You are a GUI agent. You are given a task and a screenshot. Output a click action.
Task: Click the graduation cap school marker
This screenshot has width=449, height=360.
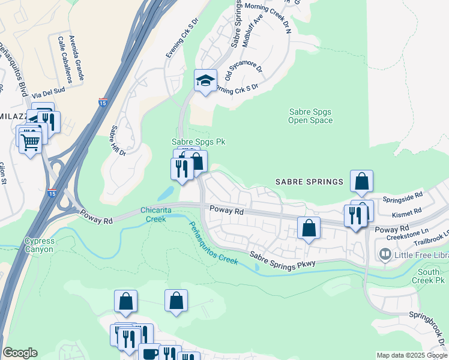(x=205, y=81)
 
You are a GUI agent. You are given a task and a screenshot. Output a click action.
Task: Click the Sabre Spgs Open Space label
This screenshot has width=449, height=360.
(x=310, y=116)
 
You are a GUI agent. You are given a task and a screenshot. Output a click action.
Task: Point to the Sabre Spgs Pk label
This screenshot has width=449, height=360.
(x=198, y=142)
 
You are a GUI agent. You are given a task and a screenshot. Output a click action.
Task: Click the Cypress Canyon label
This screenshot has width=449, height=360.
(x=39, y=245)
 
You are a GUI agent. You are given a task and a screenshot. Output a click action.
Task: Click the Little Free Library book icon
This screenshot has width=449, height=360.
(x=384, y=254)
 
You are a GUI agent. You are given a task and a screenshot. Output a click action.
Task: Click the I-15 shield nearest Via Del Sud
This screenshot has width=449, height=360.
(x=103, y=102)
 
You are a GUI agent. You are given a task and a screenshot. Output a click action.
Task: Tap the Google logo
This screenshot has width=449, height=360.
(x=20, y=353)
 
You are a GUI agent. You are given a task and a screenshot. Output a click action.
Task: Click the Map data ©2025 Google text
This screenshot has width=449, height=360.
(x=411, y=355)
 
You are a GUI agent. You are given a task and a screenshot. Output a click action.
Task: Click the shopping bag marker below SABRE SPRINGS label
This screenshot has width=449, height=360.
(x=361, y=181)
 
